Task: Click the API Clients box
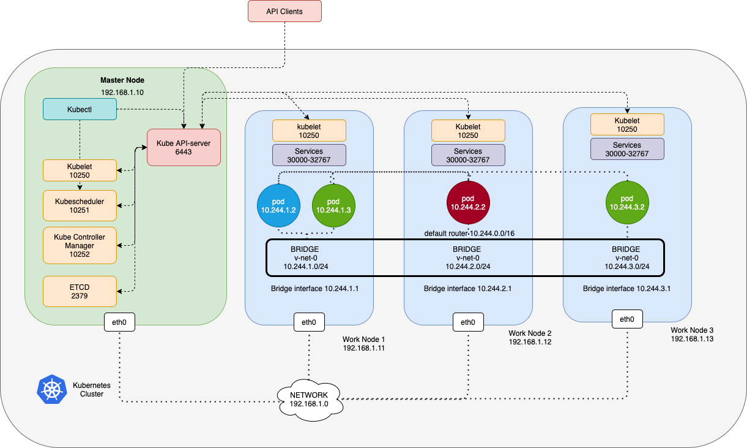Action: coord(284,11)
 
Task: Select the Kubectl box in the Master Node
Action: coord(80,109)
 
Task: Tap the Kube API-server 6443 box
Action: coord(184,147)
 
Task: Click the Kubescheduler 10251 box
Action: coord(80,205)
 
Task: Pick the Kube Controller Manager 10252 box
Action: coord(80,246)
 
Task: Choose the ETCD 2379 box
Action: coord(80,291)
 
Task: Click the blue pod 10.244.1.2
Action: coord(278,205)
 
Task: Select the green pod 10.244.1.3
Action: coord(333,205)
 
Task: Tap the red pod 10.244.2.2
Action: coord(468,202)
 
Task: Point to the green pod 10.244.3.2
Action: coord(627,202)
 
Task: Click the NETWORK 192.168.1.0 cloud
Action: coord(309,400)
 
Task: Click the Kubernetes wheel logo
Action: coord(52,389)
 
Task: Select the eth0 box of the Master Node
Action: coord(119,322)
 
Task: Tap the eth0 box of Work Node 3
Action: coord(627,319)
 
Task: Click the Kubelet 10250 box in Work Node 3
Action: coord(627,124)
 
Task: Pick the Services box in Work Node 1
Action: coord(309,155)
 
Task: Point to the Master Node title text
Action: coord(122,80)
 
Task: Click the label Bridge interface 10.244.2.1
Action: coord(467,289)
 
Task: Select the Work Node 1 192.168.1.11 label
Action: coord(364,343)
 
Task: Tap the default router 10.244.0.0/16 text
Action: coord(469,233)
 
